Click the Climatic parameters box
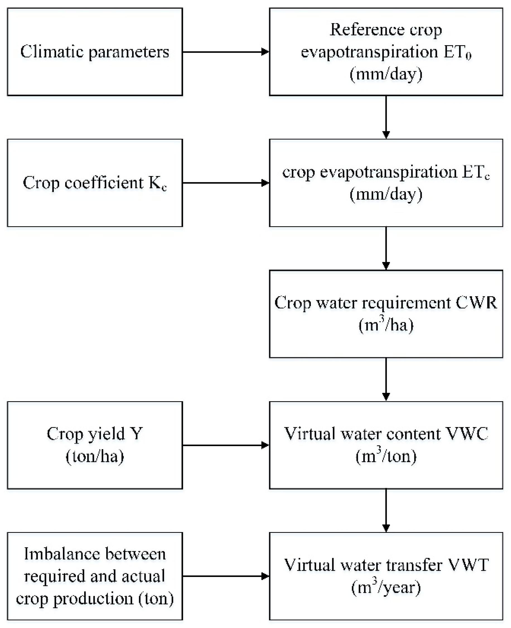[x=95, y=52]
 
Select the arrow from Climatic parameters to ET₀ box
[x=226, y=52]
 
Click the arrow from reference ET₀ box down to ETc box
[x=386, y=117]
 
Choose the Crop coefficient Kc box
[x=95, y=183]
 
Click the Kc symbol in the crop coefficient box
[x=158, y=184]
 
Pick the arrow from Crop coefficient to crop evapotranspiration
[x=226, y=183]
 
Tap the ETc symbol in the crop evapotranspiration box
[x=475, y=173]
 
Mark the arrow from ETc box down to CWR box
[x=386, y=248]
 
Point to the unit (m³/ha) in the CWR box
[x=386, y=325]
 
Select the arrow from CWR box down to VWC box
[x=386, y=379]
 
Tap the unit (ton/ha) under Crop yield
[x=95, y=456]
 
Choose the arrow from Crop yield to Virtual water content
[x=226, y=445]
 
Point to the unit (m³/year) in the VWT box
[x=386, y=588]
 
